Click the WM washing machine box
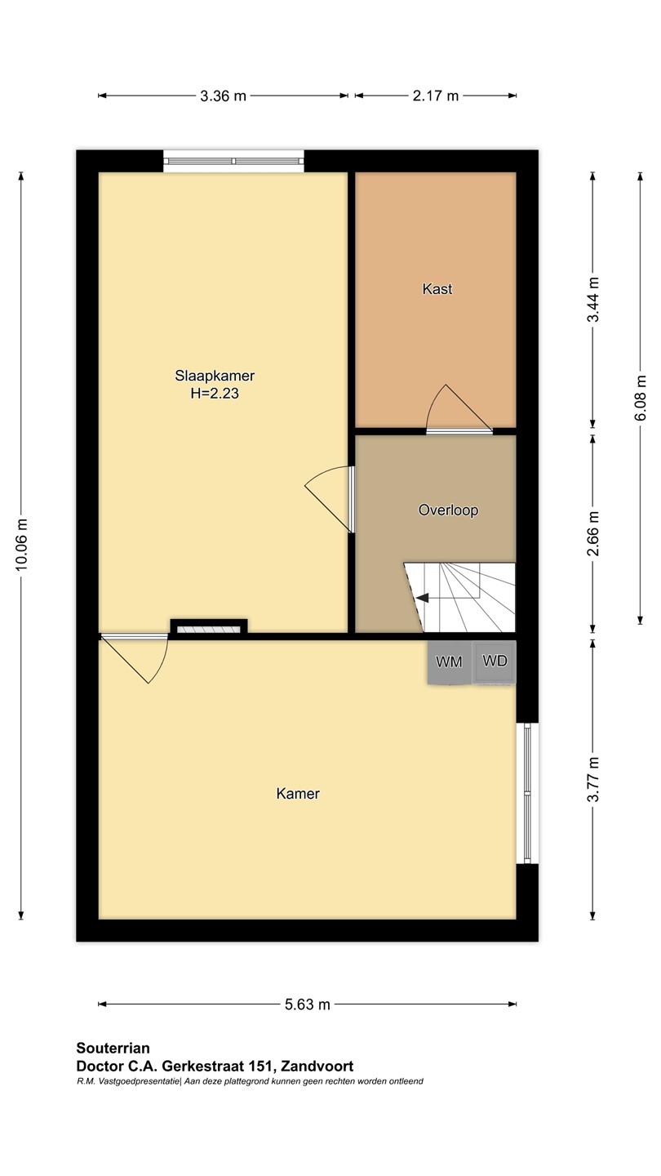[x=450, y=662]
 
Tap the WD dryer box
[x=495, y=662]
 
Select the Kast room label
[x=437, y=289]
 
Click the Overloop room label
[x=448, y=510]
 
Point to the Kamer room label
[x=298, y=793]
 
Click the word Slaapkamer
[x=215, y=376]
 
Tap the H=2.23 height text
[x=215, y=394]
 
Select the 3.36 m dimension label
[x=223, y=96]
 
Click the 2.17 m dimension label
[x=436, y=96]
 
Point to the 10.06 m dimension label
[x=21, y=545]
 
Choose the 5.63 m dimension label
[x=308, y=1004]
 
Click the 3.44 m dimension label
[x=592, y=299]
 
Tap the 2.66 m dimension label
[x=592, y=533]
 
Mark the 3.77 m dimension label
[x=592, y=780]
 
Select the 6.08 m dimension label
[x=640, y=398]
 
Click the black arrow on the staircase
[x=422, y=598]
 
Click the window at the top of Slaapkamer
[x=233, y=161]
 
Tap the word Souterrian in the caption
[x=113, y=1048]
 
